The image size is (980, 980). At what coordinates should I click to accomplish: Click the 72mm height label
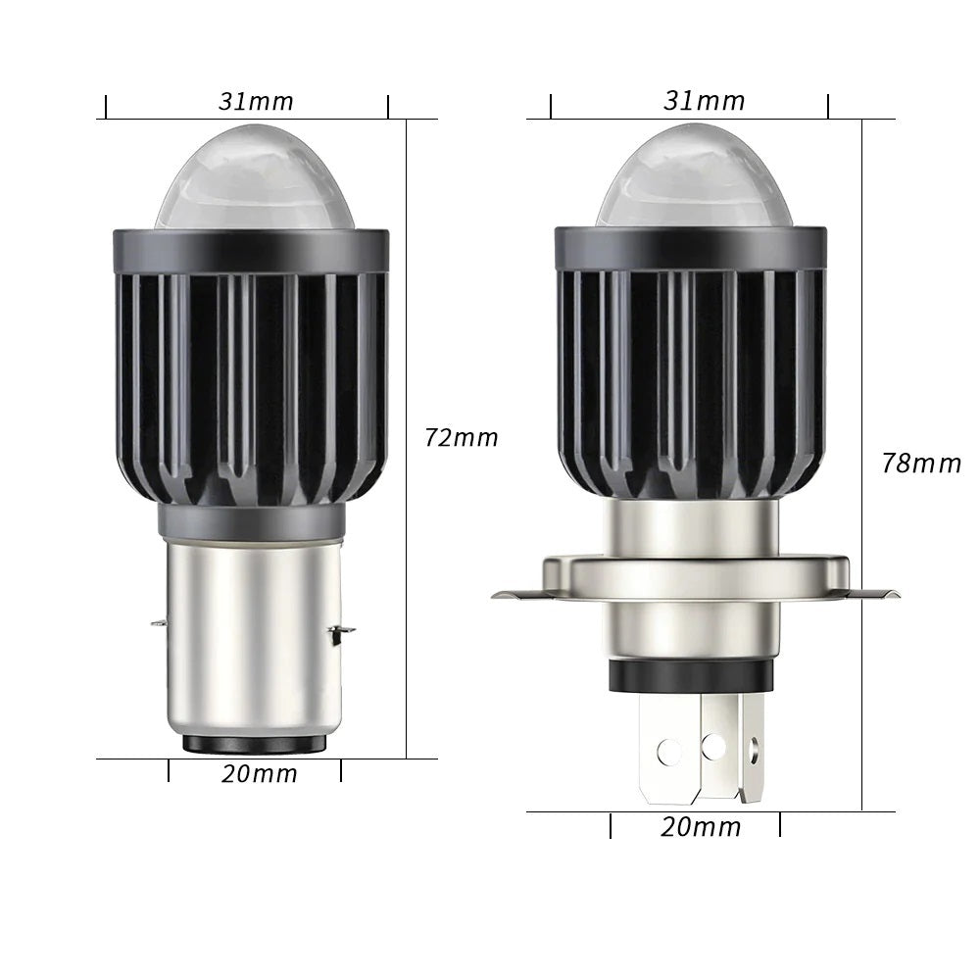pyautogui.click(x=461, y=437)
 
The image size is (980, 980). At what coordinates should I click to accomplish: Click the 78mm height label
pyautogui.click(x=920, y=463)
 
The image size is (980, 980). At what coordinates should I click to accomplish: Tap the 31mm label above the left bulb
pyautogui.click(x=256, y=101)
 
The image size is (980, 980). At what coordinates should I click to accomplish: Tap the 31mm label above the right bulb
pyautogui.click(x=704, y=101)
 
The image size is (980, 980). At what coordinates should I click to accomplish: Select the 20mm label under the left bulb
pyautogui.click(x=259, y=773)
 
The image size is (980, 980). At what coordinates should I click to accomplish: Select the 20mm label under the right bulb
pyautogui.click(x=700, y=827)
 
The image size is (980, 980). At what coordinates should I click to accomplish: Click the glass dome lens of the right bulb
pyautogui.click(x=691, y=178)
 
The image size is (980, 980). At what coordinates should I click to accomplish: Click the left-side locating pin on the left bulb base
pyautogui.click(x=159, y=621)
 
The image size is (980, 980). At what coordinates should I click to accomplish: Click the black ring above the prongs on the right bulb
pyautogui.click(x=691, y=676)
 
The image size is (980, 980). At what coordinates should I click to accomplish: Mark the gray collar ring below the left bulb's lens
pyautogui.click(x=251, y=251)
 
